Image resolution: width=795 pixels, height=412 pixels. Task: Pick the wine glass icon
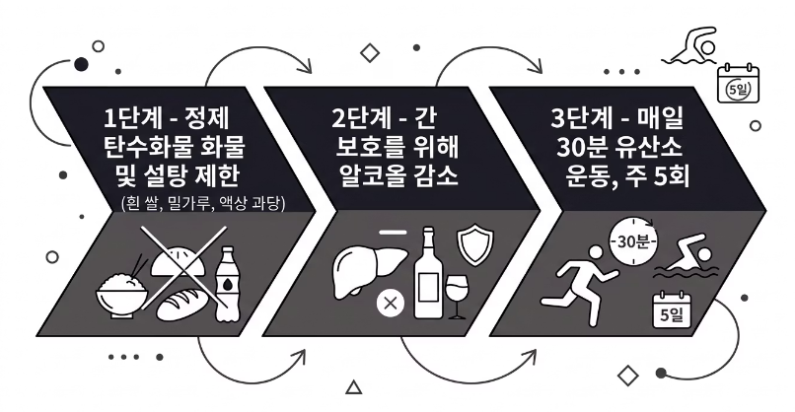pos(458,293)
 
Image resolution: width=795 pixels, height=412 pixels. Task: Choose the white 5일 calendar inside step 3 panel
pos(675,311)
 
